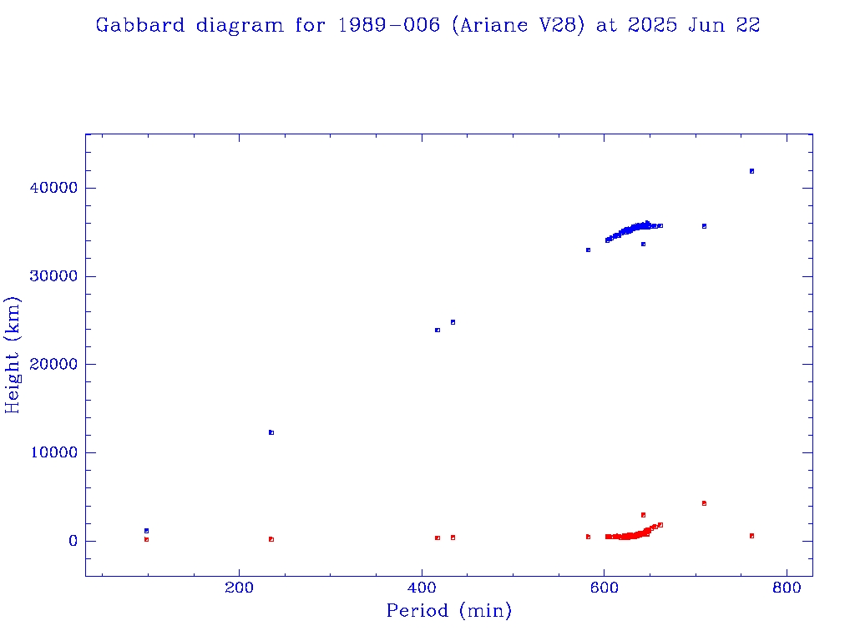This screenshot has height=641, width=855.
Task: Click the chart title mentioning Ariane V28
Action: [x=427, y=25]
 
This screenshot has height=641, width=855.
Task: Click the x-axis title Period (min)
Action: [x=449, y=611]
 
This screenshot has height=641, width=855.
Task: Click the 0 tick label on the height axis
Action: [x=73, y=542]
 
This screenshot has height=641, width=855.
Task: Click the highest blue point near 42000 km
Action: [x=751, y=171]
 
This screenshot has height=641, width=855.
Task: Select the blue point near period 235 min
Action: [x=271, y=432]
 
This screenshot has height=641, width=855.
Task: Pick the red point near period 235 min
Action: [x=271, y=539]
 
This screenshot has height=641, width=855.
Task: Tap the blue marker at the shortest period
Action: [x=146, y=531]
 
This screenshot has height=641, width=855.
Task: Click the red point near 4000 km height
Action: [x=704, y=503]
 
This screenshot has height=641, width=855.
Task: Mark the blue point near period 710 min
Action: [x=704, y=226]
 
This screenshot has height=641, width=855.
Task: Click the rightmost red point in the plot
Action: [x=751, y=536]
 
